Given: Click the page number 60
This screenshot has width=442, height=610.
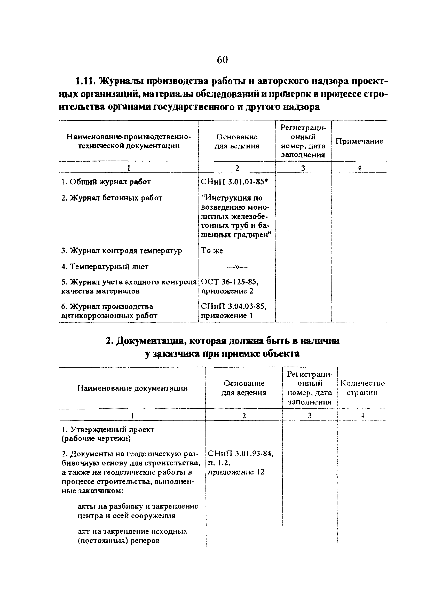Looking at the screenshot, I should (x=222, y=60).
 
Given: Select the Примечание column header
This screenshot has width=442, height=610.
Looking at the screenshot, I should (x=359, y=141).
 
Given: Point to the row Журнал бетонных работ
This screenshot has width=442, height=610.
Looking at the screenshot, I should (x=112, y=198).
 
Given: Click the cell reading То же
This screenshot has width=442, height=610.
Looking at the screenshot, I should (x=212, y=251).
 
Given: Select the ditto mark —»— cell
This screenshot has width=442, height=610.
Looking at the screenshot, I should (x=237, y=267).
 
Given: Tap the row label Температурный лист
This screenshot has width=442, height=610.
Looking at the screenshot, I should (x=105, y=267).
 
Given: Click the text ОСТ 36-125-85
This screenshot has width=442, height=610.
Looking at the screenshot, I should (x=230, y=282).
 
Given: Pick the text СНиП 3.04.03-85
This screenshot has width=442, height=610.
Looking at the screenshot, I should (x=233, y=307).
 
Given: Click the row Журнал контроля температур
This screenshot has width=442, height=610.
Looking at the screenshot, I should (x=121, y=251).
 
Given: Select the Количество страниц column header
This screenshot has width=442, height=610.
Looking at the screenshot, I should (x=362, y=388).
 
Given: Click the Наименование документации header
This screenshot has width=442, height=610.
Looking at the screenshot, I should (x=132, y=388).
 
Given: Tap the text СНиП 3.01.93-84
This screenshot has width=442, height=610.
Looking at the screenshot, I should (x=241, y=454).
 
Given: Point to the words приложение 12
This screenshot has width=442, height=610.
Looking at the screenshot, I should (x=236, y=472).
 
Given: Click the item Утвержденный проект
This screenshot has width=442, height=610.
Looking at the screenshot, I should (x=108, y=430).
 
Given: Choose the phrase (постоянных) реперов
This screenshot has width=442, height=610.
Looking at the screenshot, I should (x=119, y=541).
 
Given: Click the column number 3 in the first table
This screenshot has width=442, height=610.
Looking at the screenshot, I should (x=303, y=168).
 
